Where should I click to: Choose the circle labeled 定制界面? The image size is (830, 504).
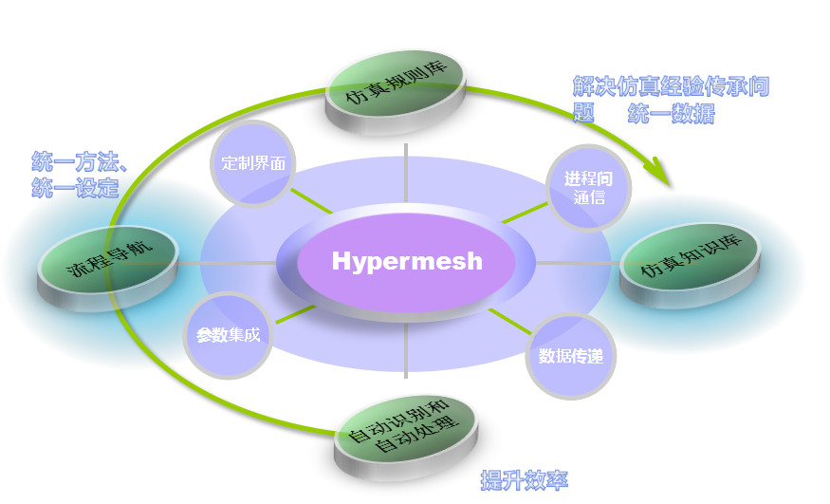tap(252, 163)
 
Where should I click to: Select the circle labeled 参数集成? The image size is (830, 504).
tap(228, 335)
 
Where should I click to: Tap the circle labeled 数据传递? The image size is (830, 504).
tap(571, 356)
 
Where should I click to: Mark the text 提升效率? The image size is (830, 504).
tap(524, 480)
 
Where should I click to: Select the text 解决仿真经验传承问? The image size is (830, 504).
tap(670, 86)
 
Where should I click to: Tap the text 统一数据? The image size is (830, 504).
tap(671, 114)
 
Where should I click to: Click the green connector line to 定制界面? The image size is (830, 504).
tap(311, 200)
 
